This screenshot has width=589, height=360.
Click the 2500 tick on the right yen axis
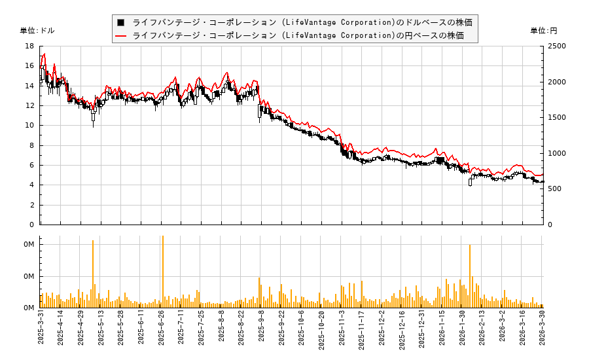558,46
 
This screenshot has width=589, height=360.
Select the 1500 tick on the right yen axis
558,118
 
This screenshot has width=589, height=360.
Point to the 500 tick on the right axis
556,189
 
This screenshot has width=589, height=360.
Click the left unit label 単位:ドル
37,31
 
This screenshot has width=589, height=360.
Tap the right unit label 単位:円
543,31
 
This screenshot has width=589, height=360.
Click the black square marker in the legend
120,22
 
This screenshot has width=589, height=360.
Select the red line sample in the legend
120,35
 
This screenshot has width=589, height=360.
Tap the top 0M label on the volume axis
29,245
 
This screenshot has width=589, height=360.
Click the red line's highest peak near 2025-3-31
44,54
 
